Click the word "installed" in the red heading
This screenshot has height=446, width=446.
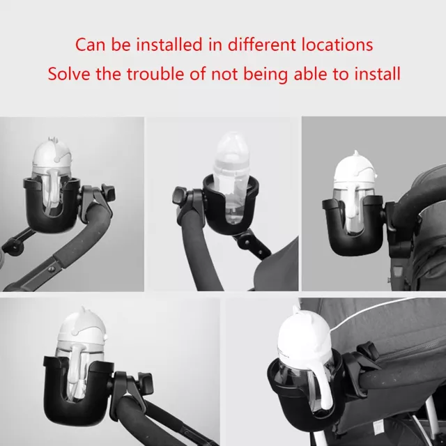pyautogui.click(x=169, y=45)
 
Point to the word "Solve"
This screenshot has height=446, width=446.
pyautogui.click(x=69, y=74)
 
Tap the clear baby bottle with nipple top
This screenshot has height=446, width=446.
pyautogui.click(x=232, y=176)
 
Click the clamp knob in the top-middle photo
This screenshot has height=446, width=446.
pyautogui.click(x=179, y=196)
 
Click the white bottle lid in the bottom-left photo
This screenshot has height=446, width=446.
pyautogui.click(x=82, y=327)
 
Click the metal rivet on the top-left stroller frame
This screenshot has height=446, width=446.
pyautogui.click(x=51, y=268)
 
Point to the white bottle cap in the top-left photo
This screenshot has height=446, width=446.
pyautogui.click(x=51, y=156)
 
